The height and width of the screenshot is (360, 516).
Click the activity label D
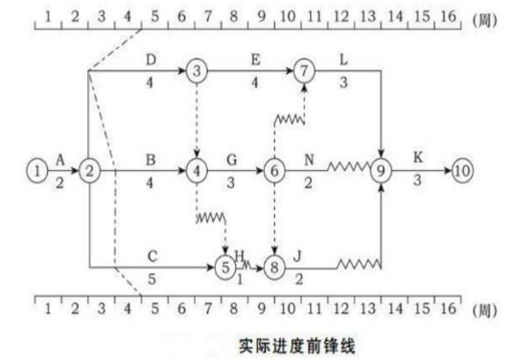[151, 60]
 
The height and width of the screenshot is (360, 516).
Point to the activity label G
[232, 159]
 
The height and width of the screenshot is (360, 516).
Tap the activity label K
[417, 157]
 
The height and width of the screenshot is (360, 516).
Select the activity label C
[152, 256]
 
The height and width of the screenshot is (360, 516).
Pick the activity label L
[343, 60]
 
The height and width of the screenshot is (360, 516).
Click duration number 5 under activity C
[152, 279]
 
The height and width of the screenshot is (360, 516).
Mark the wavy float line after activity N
[349, 167]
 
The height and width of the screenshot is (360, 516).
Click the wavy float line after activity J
[359, 264]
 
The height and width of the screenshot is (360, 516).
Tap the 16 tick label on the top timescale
[448, 16]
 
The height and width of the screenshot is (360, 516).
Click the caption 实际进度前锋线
[296, 347]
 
